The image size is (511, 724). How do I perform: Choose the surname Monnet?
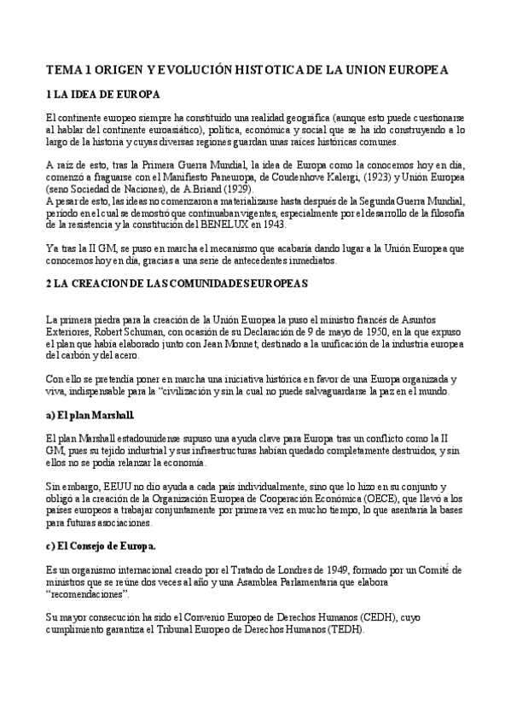[264, 344]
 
